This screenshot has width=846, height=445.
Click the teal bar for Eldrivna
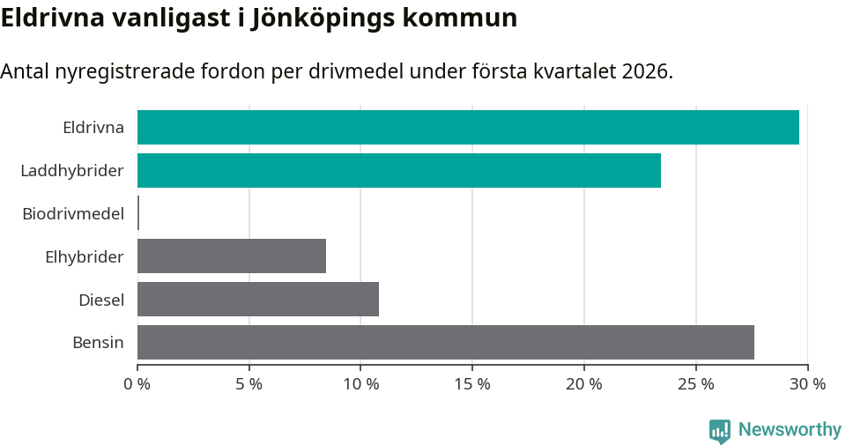[x=468, y=128]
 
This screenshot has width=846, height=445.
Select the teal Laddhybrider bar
[x=399, y=170]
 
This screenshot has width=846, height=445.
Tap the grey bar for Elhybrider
[x=232, y=256]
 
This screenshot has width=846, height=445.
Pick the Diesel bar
[x=258, y=299]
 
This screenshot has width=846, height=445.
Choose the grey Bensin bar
[x=446, y=342]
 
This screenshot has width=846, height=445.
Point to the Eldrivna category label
[x=93, y=128]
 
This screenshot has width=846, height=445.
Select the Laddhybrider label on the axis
[x=72, y=170]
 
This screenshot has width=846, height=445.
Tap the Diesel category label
[x=101, y=300]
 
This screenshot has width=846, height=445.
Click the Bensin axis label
[x=98, y=343]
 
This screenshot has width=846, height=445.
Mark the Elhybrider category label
[x=85, y=256]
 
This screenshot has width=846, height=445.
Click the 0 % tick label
[x=137, y=384]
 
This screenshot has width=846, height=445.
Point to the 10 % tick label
[x=361, y=384]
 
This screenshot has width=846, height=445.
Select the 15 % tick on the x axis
[x=472, y=384]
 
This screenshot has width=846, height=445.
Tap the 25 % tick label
[x=696, y=384]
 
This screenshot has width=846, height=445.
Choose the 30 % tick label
[x=807, y=384]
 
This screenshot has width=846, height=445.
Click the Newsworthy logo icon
[x=720, y=430]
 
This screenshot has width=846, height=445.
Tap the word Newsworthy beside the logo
[x=790, y=430]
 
